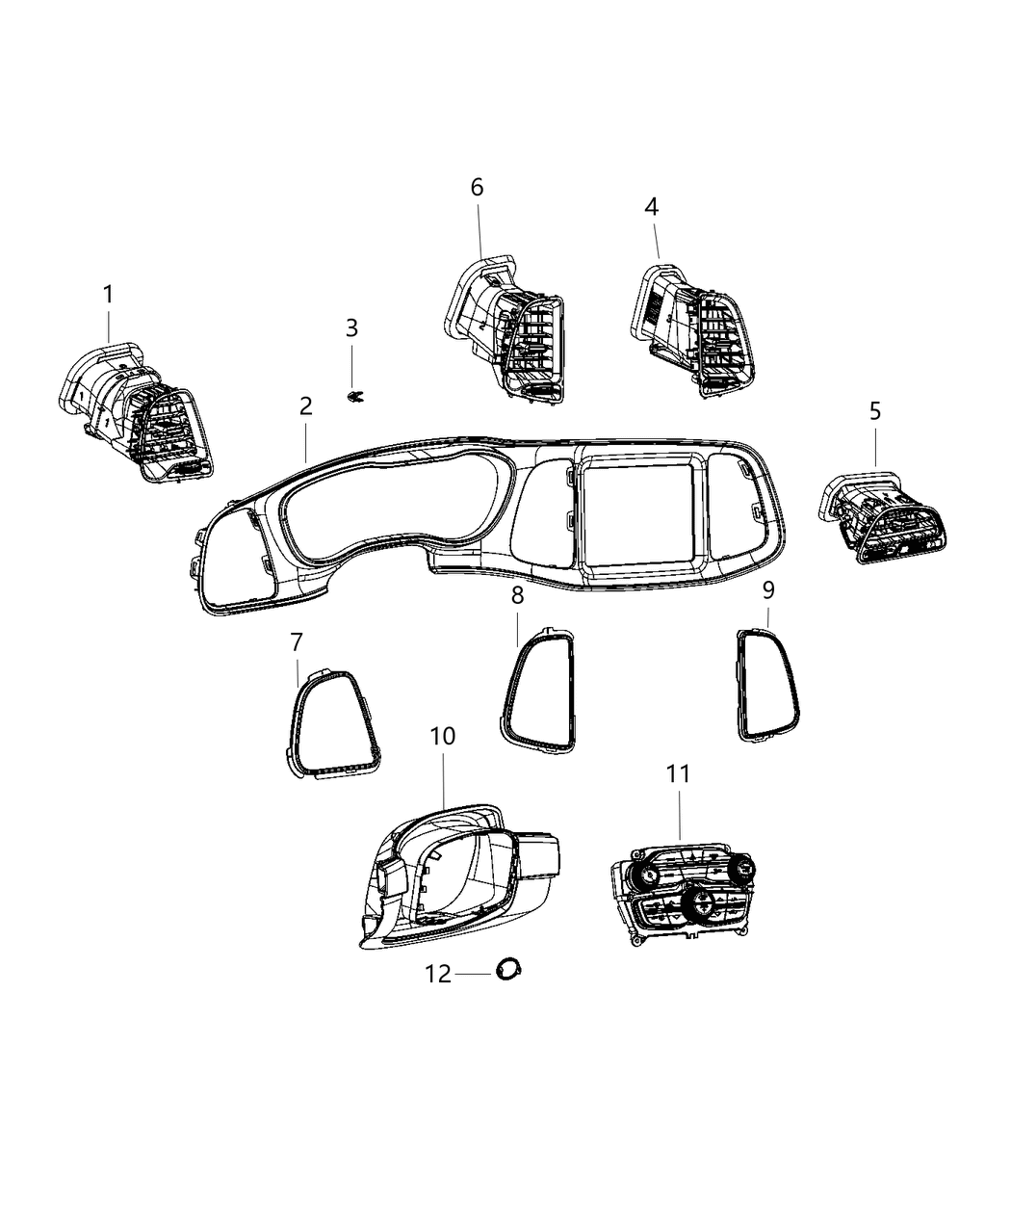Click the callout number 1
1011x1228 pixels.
click(108, 295)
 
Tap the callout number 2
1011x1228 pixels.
click(305, 405)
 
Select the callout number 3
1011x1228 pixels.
click(351, 327)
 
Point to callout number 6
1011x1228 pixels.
click(477, 188)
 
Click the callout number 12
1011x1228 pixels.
click(438, 974)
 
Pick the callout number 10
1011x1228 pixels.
click(443, 736)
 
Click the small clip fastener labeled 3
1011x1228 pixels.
click(354, 397)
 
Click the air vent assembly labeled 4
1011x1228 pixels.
click(692, 330)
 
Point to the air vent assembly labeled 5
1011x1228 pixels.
click(882, 518)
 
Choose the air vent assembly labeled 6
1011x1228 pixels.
click(505, 330)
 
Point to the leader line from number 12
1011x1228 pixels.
click(473, 975)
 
